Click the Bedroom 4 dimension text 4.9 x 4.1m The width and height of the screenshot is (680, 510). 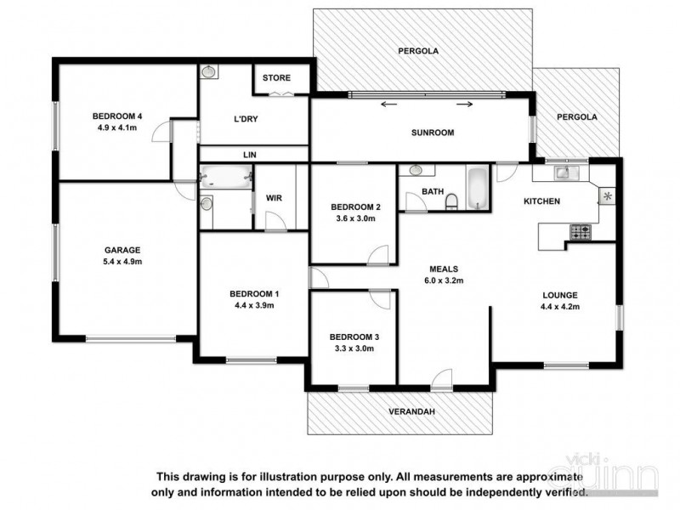point(117,131)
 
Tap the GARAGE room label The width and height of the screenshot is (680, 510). point(122,250)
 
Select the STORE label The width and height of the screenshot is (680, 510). point(276,78)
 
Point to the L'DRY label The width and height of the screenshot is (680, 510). point(245,119)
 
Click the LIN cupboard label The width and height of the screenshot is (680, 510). point(249,155)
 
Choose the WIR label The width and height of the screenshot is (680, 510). point(274,198)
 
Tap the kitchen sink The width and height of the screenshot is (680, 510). point(564,173)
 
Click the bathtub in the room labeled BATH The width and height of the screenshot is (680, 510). point(477,188)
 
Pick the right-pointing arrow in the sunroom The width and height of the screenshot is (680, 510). point(465,105)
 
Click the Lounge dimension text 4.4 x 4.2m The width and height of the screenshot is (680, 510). point(561,308)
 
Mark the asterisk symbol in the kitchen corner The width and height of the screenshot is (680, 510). point(607,196)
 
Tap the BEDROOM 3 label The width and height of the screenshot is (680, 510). point(354,337)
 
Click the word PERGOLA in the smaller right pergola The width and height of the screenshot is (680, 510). point(577,116)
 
